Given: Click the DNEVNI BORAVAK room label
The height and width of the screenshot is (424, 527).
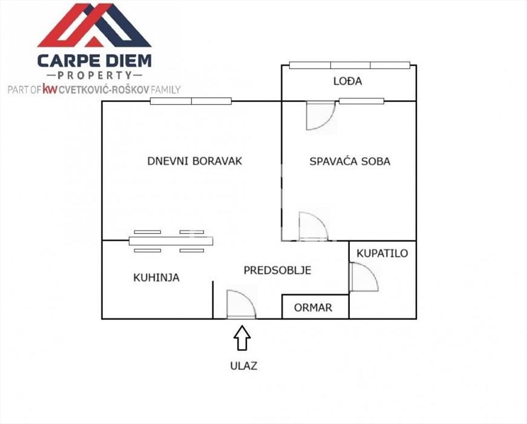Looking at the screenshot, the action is click(x=195, y=161).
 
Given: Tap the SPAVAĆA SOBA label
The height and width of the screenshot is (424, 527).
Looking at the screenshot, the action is click(x=350, y=161).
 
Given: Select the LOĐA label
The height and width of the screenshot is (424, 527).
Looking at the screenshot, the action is click(x=348, y=81).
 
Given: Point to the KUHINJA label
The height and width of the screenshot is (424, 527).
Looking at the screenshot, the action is click(x=156, y=278).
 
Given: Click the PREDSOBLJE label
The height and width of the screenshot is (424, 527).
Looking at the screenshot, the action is click(x=277, y=270).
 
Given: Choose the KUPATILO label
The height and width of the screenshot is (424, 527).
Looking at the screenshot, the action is click(x=382, y=253).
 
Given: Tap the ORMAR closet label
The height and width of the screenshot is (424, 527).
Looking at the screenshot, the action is click(x=313, y=308).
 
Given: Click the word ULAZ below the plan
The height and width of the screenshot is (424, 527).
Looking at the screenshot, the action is click(x=243, y=366).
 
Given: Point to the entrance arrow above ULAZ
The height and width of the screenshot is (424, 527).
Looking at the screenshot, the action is click(x=242, y=338).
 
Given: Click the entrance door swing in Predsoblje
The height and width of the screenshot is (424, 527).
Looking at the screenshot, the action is click(x=241, y=304).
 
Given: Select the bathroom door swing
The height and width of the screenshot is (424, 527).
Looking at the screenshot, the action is click(x=364, y=276).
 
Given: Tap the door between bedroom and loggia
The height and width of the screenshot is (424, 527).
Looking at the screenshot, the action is click(x=321, y=116).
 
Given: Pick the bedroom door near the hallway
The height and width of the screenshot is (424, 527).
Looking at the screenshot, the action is click(x=313, y=226).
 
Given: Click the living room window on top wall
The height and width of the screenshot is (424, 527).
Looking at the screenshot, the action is click(x=191, y=101).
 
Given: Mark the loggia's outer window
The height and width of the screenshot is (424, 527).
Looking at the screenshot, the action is click(x=350, y=65).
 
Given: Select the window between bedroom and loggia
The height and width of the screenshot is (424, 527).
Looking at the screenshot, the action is click(x=362, y=101).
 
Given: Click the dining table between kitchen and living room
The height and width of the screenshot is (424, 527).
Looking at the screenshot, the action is click(x=171, y=241).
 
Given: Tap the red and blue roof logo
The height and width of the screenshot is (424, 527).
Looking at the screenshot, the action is click(x=94, y=25).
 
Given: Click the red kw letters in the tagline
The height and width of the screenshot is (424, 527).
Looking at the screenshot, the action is click(x=50, y=89).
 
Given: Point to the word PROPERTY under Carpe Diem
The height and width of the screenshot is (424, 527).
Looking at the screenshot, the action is click(x=94, y=75).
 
